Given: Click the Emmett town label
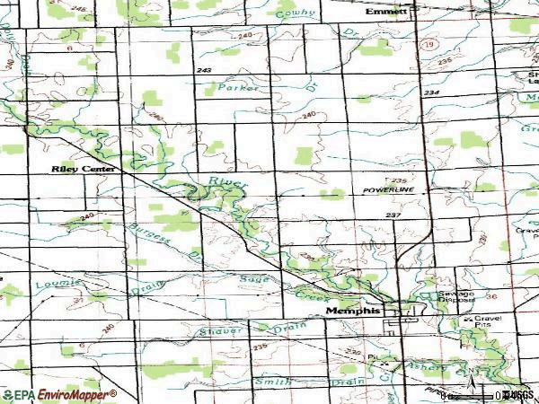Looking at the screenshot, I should [386, 12].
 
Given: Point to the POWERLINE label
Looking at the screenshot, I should [388, 191].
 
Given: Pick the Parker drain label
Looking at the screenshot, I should [238, 88].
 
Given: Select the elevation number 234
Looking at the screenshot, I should [433, 92].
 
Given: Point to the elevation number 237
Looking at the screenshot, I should [392, 215].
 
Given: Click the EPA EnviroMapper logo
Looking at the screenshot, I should [58, 394].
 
